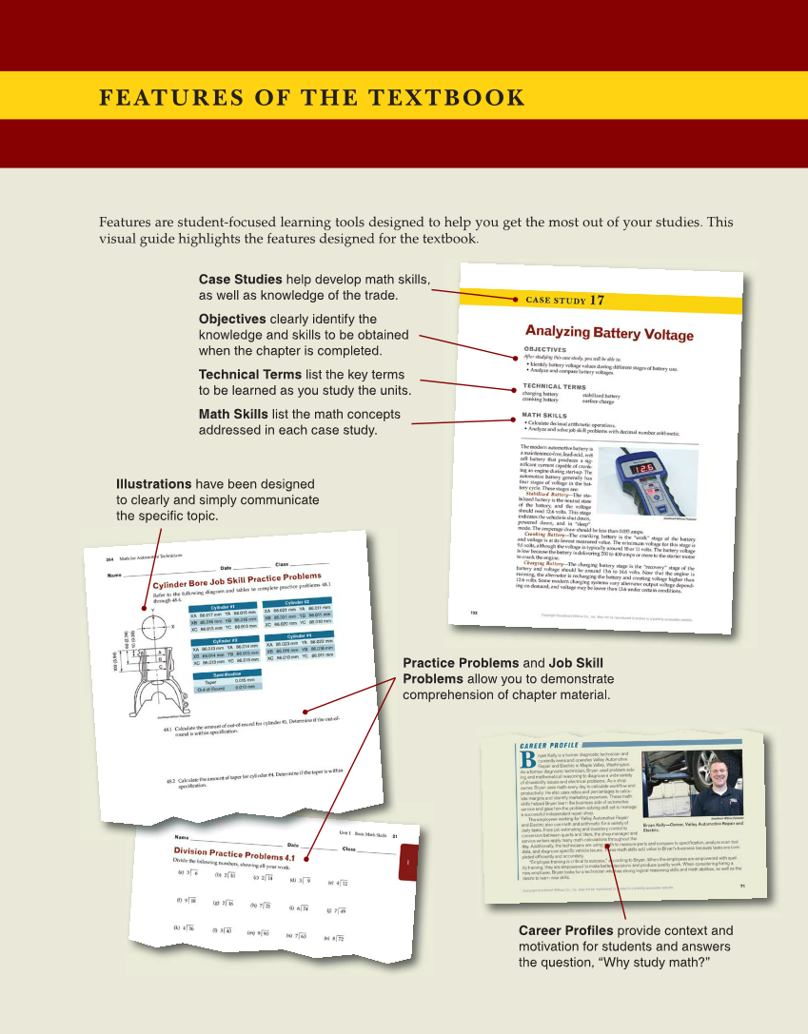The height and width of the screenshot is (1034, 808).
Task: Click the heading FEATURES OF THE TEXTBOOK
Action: (312, 99)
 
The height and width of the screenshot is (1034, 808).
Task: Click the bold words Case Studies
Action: (240, 280)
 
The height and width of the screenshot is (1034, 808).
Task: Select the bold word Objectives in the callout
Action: (232, 319)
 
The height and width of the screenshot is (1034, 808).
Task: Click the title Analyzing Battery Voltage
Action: (609, 333)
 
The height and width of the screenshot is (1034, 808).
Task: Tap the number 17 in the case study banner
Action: (597, 301)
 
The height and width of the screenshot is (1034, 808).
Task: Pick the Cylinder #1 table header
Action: (225, 607)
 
